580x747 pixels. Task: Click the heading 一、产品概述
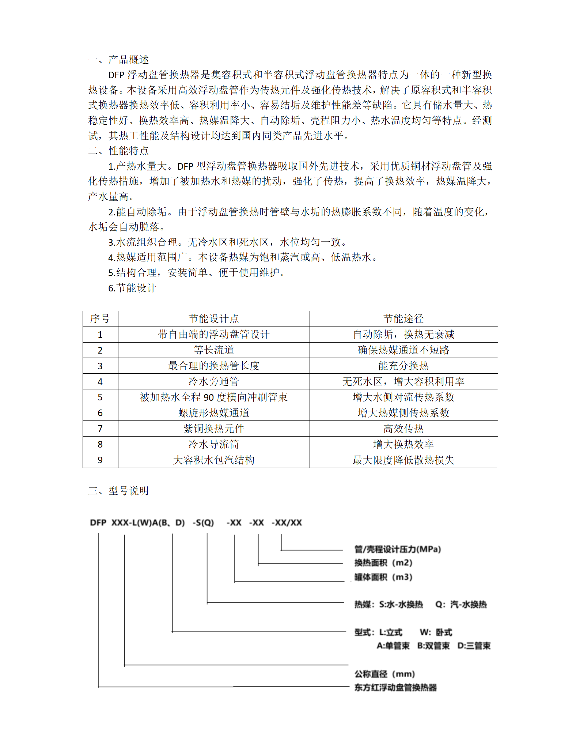118,60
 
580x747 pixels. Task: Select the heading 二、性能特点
118,151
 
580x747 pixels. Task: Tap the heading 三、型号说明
118,491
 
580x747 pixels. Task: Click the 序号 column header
100,319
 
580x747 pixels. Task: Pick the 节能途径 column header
403,319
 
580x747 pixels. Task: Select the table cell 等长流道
214,350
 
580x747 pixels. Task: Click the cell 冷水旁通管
214,382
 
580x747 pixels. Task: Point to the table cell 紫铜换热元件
214,429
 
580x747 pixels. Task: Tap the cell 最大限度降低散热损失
403,460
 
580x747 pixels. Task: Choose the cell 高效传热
403,429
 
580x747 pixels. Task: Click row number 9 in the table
100,460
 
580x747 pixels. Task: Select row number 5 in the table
100,397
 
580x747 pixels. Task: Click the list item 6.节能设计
132,288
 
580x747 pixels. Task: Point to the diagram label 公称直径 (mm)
384,674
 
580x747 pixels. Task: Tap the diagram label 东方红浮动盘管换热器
395,687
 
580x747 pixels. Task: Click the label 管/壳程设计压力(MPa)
398,549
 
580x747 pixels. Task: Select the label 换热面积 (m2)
383,563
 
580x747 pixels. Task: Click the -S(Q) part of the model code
203,522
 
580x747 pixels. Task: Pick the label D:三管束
474,646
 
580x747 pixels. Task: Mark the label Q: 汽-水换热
461,604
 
